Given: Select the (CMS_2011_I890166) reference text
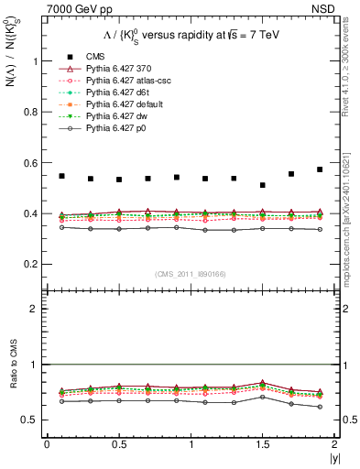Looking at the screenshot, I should coord(190,274).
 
